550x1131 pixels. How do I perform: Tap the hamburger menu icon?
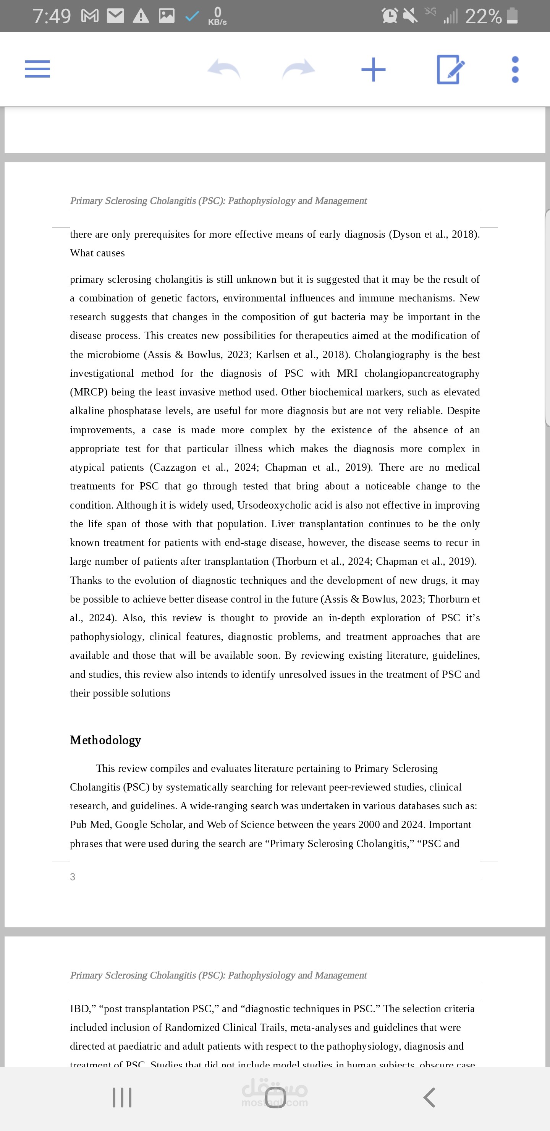point(37,69)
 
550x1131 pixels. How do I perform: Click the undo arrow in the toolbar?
point(224,69)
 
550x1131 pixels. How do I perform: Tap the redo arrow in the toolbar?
point(298,69)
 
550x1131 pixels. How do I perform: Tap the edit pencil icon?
point(450,69)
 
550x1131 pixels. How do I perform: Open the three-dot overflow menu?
point(515,69)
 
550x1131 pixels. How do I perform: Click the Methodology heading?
point(105,740)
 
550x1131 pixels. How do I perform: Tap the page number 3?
point(73,877)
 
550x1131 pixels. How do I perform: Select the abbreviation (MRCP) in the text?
point(89,392)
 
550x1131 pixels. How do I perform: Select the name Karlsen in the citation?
point(273,355)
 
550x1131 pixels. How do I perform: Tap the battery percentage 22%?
point(483,17)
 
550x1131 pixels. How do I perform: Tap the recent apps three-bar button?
point(122,1097)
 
